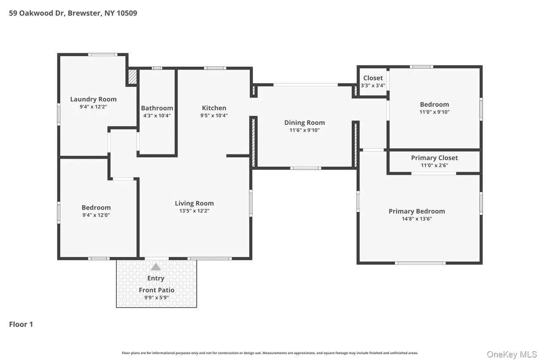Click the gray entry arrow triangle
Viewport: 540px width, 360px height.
pyautogui.click(x=156, y=267)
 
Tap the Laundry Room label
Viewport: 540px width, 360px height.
pyautogui.click(x=93, y=99)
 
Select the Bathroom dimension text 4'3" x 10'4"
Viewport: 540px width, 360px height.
pyautogui.click(x=157, y=116)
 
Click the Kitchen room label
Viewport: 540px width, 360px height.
pyautogui.click(x=214, y=108)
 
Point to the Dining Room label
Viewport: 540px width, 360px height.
pyautogui.click(x=305, y=123)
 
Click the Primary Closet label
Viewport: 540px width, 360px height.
pyautogui.click(x=435, y=158)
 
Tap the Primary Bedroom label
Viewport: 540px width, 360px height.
pyautogui.click(x=417, y=211)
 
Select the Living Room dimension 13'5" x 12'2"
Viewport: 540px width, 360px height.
pyautogui.click(x=194, y=211)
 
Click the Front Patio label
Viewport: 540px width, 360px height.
pyautogui.click(x=157, y=290)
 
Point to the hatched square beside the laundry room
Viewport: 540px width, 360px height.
pyautogui.click(x=132, y=77)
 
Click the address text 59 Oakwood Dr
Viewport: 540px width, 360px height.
pyautogui.click(x=37, y=13)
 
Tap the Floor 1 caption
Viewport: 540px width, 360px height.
pyautogui.click(x=21, y=324)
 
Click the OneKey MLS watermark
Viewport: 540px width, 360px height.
pyautogui.click(x=512, y=355)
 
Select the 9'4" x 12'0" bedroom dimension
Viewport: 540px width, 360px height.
pyautogui.click(x=96, y=215)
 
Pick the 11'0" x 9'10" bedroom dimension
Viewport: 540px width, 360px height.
pyautogui.click(x=435, y=112)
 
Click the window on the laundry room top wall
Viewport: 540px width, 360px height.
pyautogui.click(x=103, y=54)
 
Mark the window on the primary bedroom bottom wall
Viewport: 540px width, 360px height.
pyautogui.click(x=420, y=263)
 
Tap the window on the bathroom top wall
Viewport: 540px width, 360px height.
pyautogui.click(x=157, y=68)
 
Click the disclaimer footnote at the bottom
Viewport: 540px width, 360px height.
pyautogui.click(x=270, y=353)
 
